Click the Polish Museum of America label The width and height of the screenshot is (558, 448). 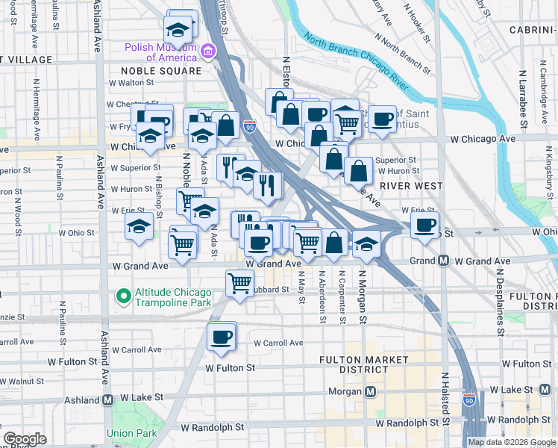(x=160, y=52)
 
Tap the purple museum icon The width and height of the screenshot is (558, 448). (x=207, y=52)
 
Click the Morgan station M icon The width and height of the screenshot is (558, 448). (x=370, y=391)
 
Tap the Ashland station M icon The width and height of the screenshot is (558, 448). (x=108, y=399)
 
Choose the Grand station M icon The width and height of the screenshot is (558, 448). (x=443, y=261)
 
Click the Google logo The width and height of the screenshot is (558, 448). (x=25, y=439)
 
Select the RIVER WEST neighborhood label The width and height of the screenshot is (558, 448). (x=411, y=185)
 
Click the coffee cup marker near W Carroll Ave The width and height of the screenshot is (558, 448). (x=221, y=337)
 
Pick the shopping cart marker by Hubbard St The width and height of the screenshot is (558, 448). (x=239, y=283)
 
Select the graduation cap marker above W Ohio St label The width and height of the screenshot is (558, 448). (x=139, y=226)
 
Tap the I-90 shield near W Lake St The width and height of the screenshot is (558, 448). (x=468, y=401)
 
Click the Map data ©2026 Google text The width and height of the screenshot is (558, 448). (x=512, y=442)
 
